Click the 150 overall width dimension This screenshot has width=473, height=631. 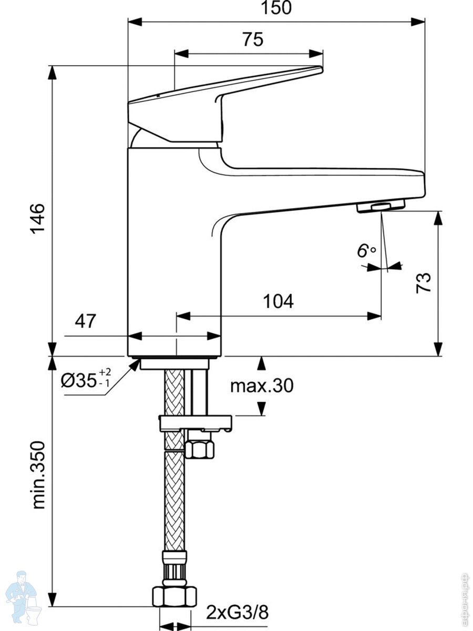[276, 8]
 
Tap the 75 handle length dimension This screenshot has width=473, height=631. [253, 40]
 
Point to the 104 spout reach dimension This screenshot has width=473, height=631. [278, 301]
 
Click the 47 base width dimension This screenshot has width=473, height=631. [86, 321]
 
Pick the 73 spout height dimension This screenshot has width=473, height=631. [424, 282]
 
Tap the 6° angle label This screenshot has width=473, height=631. [366, 251]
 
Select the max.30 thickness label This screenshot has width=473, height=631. [262, 386]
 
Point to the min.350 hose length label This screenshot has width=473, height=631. [39, 474]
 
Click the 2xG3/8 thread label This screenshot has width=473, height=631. [237, 613]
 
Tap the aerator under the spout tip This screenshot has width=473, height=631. [380, 206]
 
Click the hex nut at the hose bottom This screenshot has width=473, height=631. [174, 596]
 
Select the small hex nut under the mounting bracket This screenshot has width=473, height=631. [200, 448]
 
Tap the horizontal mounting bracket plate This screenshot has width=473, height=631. [195, 422]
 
